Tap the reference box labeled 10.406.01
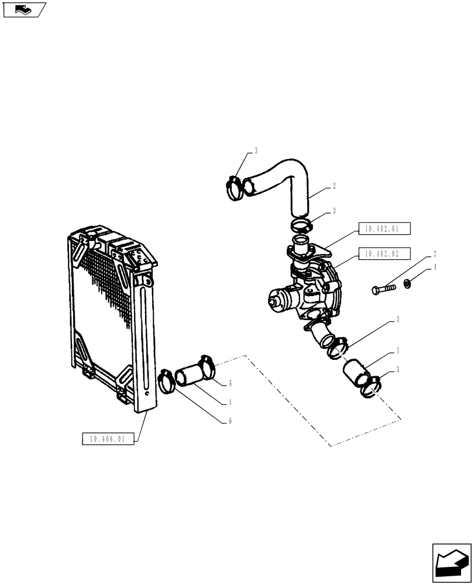[x=109, y=439]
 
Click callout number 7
[x=435, y=255]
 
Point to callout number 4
[x=435, y=269]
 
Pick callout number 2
[x=334, y=187]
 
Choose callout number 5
[x=230, y=383]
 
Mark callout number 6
[x=230, y=421]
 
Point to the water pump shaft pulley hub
[x=275, y=302]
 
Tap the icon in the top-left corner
[x=23, y=10]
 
